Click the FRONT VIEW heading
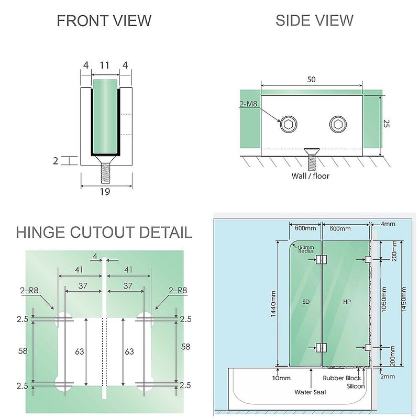[104, 21]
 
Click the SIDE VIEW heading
[314, 20]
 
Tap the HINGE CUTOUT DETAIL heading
[104, 232]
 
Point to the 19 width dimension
[105, 192]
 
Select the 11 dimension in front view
[104, 65]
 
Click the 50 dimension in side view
[312, 79]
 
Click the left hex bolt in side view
[289, 125]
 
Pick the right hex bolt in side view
[338, 125]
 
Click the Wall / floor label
[311, 176]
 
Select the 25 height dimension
[387, 124]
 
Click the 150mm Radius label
[305, 249]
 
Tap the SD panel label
[306, 302]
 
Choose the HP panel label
[347, 302]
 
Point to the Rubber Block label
[342, 378]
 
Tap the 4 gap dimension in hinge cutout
[95, 256]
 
